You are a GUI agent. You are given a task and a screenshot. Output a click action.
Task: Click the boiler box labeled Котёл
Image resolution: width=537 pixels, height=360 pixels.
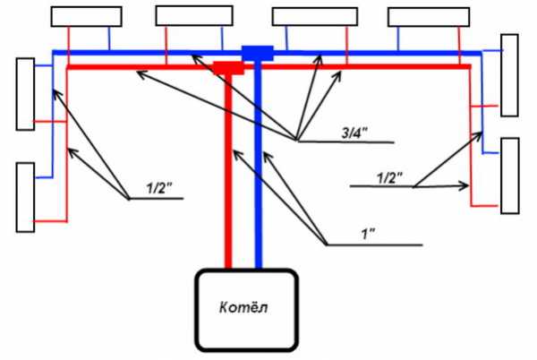point(246,309)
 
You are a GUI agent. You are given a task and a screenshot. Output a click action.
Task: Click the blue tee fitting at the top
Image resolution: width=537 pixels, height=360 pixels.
point(258,54)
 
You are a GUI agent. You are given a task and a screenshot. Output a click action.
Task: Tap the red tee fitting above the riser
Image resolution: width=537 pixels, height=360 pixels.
point(229,67)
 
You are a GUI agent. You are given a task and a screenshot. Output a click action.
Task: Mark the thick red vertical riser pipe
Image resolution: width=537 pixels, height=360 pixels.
point(228,170)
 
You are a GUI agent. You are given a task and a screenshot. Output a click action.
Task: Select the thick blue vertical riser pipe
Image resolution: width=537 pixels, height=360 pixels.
point(258,170)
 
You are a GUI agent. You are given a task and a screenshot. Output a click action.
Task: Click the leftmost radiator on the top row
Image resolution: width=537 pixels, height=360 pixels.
point(86,16)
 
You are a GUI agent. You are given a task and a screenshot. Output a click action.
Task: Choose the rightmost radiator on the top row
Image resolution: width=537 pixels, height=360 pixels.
point(429,16)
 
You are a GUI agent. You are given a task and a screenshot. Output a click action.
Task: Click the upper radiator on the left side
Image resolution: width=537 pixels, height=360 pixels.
point(24,93)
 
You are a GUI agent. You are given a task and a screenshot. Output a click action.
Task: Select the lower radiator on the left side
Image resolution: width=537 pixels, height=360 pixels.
point(25,197)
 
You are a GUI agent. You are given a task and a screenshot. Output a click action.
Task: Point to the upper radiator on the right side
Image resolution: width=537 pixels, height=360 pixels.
point(509,75)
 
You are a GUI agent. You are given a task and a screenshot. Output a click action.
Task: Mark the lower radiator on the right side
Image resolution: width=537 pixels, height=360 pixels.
point(509,176)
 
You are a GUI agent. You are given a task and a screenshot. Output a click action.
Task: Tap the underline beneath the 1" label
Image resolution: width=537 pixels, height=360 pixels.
point(376,244)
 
